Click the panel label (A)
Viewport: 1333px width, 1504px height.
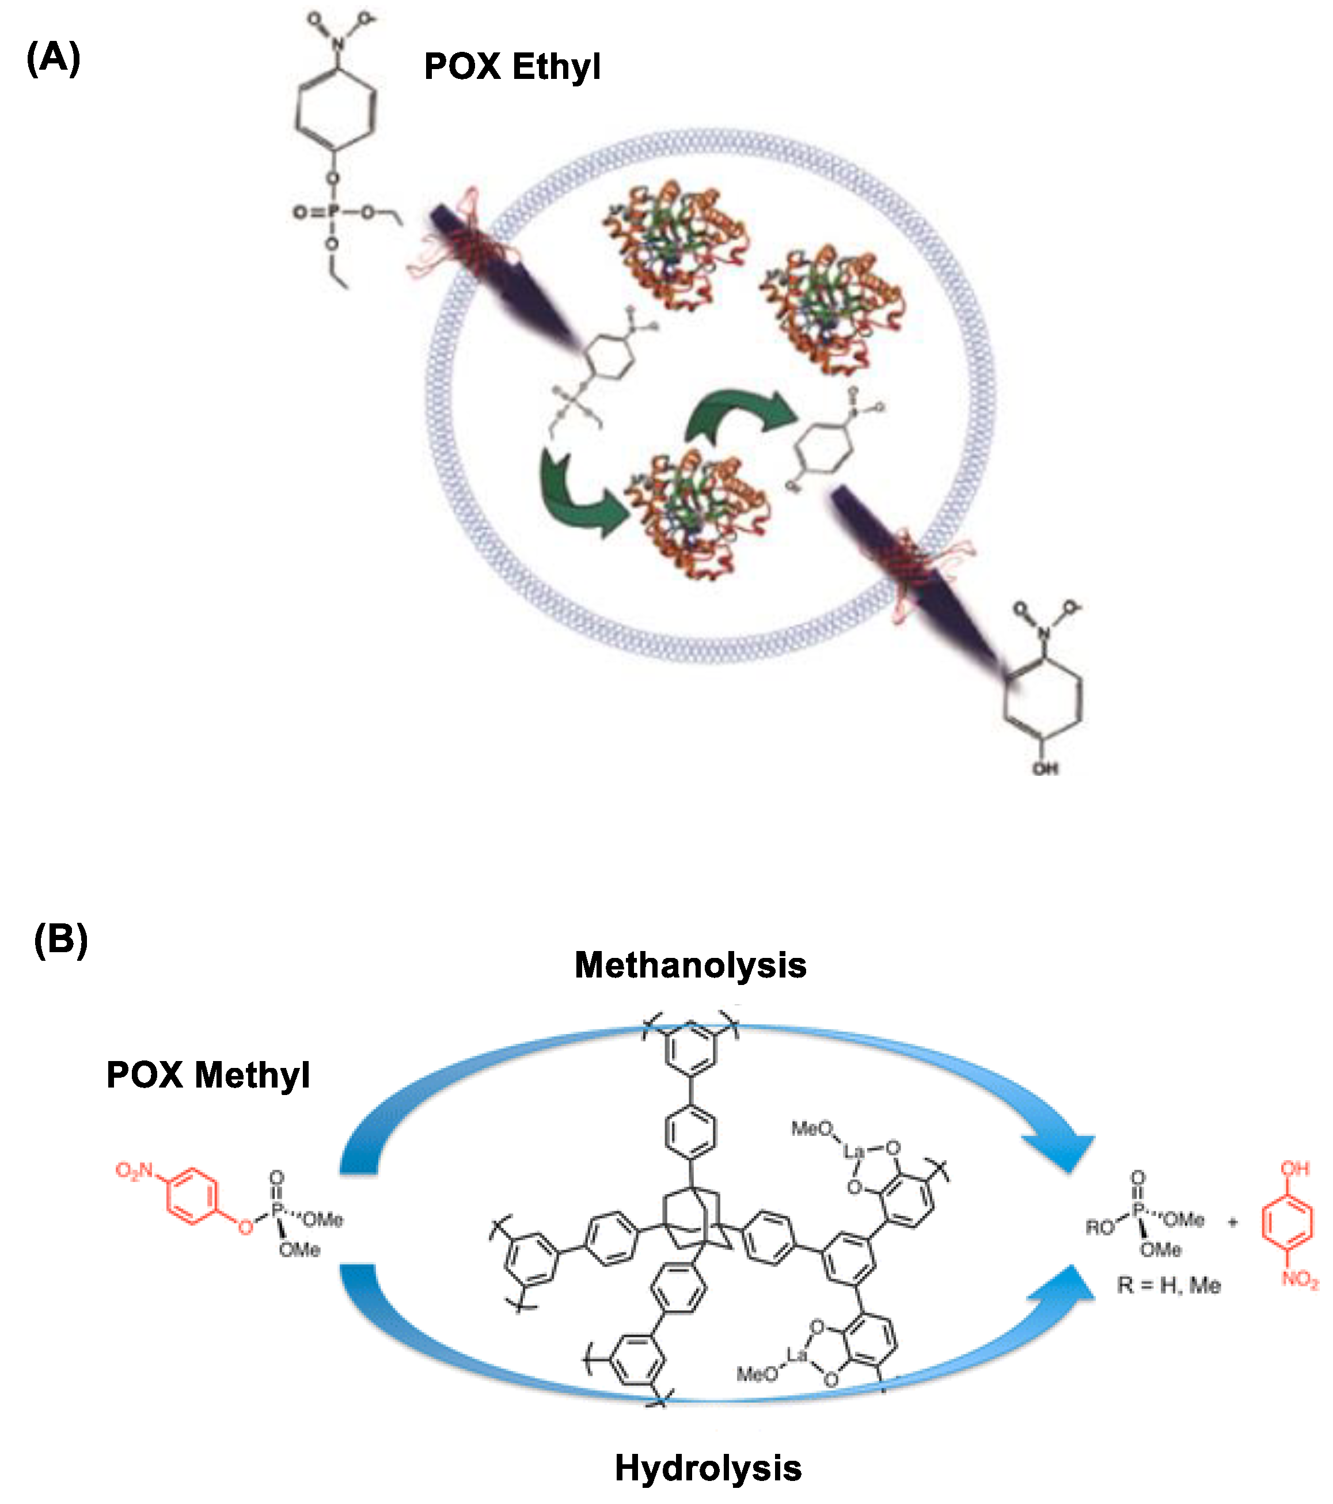[x=53, y=58]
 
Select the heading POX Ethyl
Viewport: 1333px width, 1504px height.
[x=512, y=67]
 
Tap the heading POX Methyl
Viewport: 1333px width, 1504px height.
[x=208, y=1075]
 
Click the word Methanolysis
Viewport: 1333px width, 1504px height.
[x=690, y=965]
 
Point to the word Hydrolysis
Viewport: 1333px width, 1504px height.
[x=708, y=1468]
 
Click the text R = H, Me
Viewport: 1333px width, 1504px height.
[x=1168, y=1286]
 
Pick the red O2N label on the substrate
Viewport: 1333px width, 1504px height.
[x=134, y=1170]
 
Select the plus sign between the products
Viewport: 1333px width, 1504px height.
[x=1233, y=1222]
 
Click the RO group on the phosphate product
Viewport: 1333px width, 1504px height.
[x=1100, y=1228]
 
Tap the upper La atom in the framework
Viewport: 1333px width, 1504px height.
[x=853, y=1151]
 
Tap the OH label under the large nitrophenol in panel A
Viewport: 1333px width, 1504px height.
[x=1045, y=769]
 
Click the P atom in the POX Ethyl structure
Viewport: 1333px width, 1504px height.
[x=332, y=213]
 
